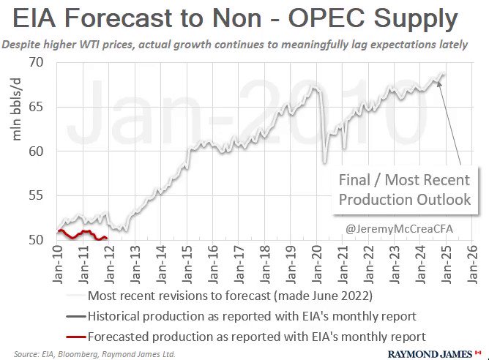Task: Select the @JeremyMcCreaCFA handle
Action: tap(399, 229)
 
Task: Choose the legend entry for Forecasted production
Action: tap(256, 336)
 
